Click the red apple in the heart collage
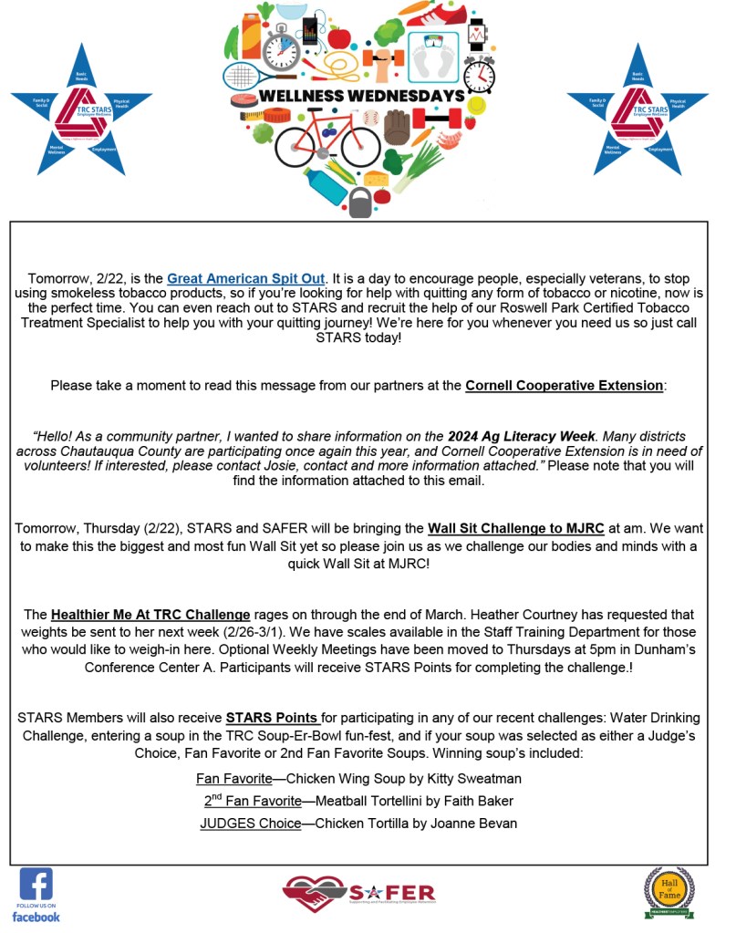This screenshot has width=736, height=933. point(339,37)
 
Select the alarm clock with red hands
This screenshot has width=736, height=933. point(479,73)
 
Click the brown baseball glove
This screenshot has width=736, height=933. point(396,127)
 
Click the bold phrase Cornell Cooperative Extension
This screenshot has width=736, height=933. point(564,385)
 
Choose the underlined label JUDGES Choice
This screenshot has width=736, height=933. point(250,823)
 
